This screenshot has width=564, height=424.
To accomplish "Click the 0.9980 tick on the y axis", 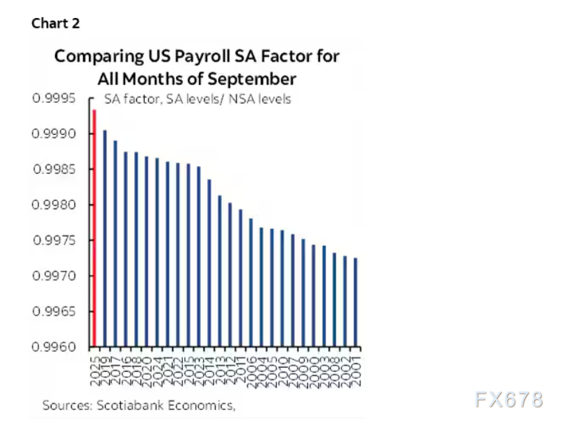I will [58, 205].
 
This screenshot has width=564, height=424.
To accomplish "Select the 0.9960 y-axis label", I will [58, 347].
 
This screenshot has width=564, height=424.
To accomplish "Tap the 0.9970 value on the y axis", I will [58, 276].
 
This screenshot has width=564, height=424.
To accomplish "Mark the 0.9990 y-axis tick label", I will [58, 133].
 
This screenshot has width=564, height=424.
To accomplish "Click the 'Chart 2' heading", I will [56, 24].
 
